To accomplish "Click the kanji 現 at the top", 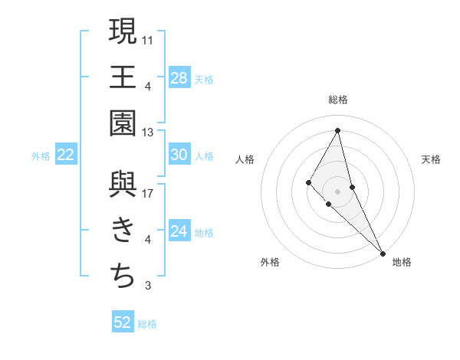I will (123, 31).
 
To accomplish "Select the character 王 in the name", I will (123, 77).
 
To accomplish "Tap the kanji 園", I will (123, 123).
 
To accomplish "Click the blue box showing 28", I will (179, 77).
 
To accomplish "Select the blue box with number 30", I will (179, 155).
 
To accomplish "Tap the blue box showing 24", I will (179, 231).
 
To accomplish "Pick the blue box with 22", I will (65, 155).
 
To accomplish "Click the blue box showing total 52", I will (123, 322).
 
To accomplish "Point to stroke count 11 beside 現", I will (148, 39).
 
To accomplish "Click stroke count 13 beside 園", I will (148, 132).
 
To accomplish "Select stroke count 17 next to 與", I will (148, 193).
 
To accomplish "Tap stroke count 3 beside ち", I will (148, 286).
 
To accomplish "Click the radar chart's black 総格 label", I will (338, 100).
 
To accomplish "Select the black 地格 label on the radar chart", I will (402, 263).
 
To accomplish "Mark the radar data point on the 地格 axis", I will (383, 252).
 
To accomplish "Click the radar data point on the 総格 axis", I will (338, 129).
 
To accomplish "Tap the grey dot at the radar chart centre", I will (338, 191).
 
